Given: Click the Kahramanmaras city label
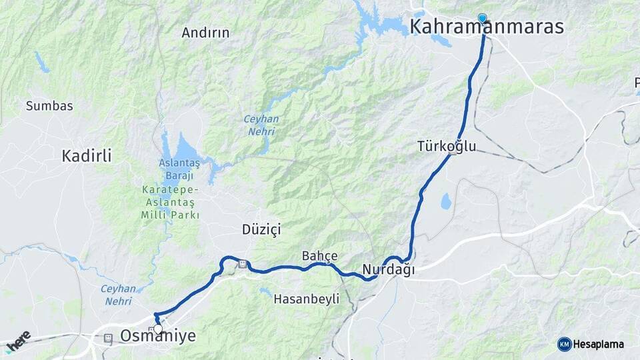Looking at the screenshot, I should click(487, 27).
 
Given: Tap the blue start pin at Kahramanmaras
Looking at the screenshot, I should click(483, 19).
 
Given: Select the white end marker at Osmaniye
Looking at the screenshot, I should click(158, 329).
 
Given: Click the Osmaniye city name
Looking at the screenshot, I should click(159, 336).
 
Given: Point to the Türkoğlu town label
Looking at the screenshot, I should click(447, 145).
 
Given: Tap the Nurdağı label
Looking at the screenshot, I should click(389, 269).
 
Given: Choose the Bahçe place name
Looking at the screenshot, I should click(320, 255).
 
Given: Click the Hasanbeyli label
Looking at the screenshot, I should click(307, 299).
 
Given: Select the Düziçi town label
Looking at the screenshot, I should click(261, 229).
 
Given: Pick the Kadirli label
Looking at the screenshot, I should click(87, 156).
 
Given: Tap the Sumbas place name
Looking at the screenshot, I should click(49, 105).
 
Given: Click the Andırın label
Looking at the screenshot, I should click(205, 32).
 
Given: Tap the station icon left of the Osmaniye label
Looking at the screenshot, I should click(108, 338).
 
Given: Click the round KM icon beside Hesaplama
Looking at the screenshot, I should click(564, 344).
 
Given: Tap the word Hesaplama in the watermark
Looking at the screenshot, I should click(599, 344).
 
